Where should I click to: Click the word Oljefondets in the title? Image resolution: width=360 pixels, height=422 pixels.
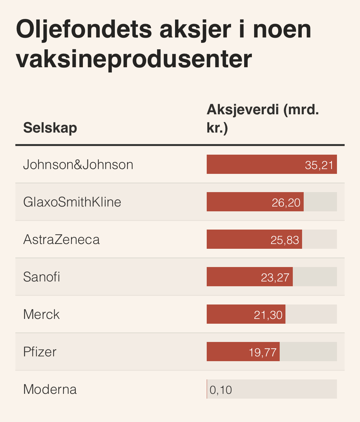[x=84, y=29]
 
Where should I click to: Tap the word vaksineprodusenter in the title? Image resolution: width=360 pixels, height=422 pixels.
[x=134, y=59]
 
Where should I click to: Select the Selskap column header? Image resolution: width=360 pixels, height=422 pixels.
[x=50, y=128]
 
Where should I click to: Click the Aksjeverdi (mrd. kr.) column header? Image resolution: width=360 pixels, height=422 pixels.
[x=262, y=118]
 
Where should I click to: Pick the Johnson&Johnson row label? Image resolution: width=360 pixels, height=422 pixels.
[x=78, y=165]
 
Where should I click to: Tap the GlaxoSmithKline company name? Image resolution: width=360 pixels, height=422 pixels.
[x=72, y=202]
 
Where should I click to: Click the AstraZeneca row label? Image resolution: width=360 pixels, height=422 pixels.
[x=61, y=239]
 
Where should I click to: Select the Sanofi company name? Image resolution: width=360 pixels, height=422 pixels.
[x=42, y=277]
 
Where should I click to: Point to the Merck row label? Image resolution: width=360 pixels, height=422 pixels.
[x=42, y=314]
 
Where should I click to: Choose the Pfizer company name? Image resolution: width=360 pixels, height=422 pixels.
[x=40, y=352]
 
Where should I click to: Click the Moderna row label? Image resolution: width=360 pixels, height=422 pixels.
[x=50, y=389]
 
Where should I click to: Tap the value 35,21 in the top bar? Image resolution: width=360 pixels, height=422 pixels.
[x=319, y=165]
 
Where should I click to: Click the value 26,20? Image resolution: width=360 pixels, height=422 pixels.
[x=286, y=202]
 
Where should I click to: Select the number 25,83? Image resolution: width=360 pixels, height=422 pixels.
[x=285, y=240]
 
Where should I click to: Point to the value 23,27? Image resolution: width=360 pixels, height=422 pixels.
[x=275, y=277]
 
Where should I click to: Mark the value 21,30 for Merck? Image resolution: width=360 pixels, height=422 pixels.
[x=268, y=315]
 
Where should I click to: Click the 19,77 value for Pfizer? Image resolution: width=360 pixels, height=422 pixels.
[x=262, y=352]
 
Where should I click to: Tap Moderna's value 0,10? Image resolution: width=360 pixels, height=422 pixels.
[x=221, y=390]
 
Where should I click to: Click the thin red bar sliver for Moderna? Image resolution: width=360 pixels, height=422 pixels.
[x=207, y=389]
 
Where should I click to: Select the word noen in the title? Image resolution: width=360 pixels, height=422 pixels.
[x=282, y=29]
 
